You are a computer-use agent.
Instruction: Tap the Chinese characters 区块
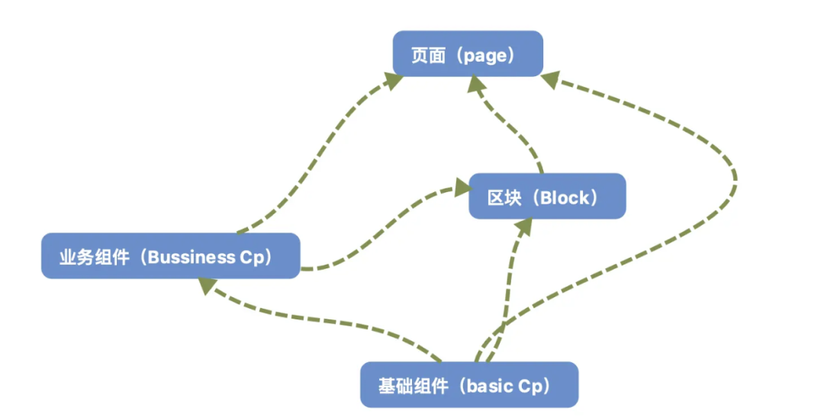(504, 198)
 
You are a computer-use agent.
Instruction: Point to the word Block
(564, 198)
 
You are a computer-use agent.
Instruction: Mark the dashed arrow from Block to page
(511, 130)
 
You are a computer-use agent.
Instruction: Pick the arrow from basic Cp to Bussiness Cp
(328, 320)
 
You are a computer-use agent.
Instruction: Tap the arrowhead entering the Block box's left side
(461, 185)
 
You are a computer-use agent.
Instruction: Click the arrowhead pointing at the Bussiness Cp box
(206, 287)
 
